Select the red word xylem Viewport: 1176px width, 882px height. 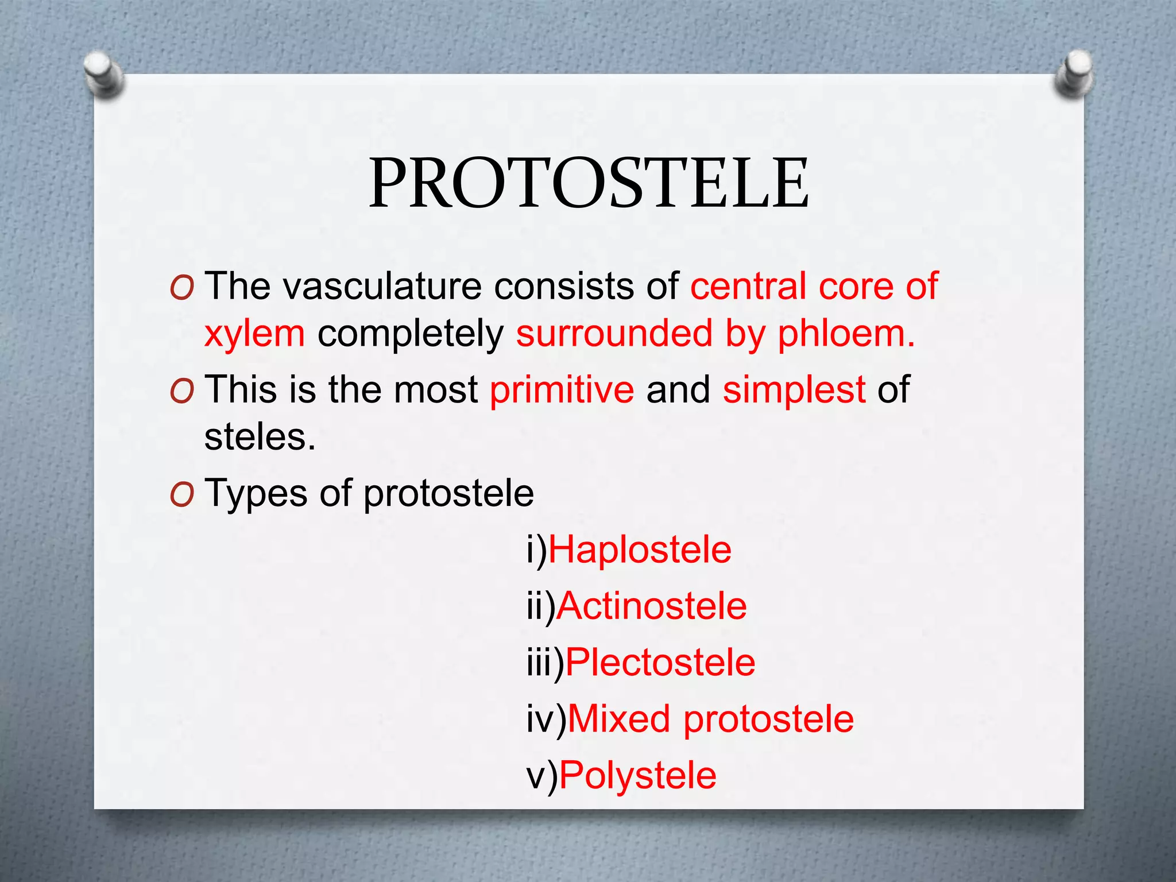[254, 334]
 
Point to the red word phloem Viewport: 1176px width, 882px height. [845, 334]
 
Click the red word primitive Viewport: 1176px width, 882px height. [562, 389]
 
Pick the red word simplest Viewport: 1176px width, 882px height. [794, 389]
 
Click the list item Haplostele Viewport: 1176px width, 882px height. [640, 550]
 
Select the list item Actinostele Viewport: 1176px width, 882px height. [651, 606]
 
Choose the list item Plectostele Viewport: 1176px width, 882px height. [660, 662]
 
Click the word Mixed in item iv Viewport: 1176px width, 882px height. [618, 718]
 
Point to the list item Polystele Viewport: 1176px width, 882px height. [637, 775]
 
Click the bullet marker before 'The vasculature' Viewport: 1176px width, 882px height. [182, 288]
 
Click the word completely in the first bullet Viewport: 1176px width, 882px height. [410, 334]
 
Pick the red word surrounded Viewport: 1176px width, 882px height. [614, 334]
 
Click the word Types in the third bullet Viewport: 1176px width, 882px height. [256, 494]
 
